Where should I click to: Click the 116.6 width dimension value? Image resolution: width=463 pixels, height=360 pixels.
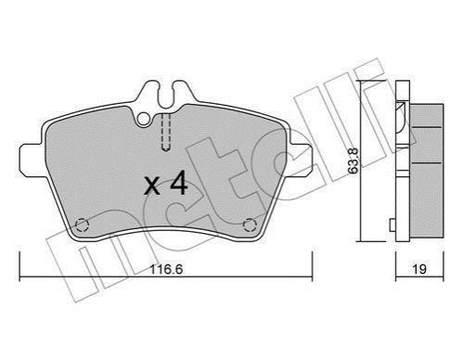166,269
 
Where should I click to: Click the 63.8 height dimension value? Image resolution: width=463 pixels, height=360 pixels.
354,161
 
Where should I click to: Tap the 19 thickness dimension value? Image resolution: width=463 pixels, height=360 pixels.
419,269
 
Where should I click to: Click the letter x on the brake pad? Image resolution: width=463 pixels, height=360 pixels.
152,186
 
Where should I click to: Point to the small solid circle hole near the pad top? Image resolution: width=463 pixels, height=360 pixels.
144,119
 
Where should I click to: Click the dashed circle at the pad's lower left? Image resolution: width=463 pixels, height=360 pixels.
83,225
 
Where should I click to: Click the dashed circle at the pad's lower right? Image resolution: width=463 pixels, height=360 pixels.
250,225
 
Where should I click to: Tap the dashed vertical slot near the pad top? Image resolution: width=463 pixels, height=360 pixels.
166,133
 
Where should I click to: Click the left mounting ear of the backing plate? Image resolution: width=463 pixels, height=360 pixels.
32,159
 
